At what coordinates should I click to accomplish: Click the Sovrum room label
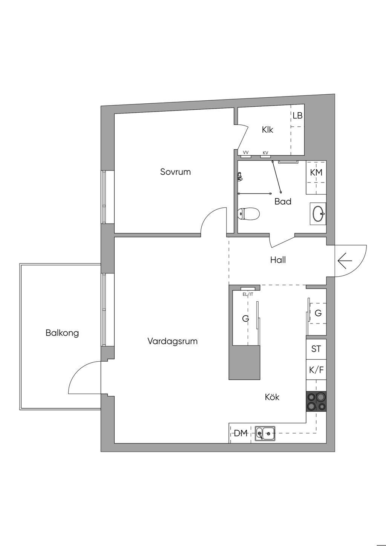point(175,172)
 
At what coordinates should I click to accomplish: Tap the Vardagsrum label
point(173,341)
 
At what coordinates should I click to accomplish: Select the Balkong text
point(62,333)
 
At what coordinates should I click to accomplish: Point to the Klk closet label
point(268,130)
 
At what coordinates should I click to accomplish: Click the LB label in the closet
point(297,115)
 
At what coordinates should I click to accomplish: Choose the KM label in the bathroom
point(316,173)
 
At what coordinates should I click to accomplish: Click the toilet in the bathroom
point(248,214)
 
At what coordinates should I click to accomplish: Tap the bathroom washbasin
point(318,214)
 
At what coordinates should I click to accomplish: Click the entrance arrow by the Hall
point(345,261)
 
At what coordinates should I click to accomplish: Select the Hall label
point(278,260)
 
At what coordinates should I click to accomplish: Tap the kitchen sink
point(265,434)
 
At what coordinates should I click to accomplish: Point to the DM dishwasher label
point(241,433)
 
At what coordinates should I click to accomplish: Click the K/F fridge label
point(316,370)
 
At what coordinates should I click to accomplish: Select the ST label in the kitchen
point(316,349)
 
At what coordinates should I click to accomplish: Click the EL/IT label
point(248,294)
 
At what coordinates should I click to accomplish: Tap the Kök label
point(272,397)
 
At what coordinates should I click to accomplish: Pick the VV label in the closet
point(246,153)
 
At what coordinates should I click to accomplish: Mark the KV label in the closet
point(266,153)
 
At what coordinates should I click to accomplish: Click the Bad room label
point(283,202)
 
